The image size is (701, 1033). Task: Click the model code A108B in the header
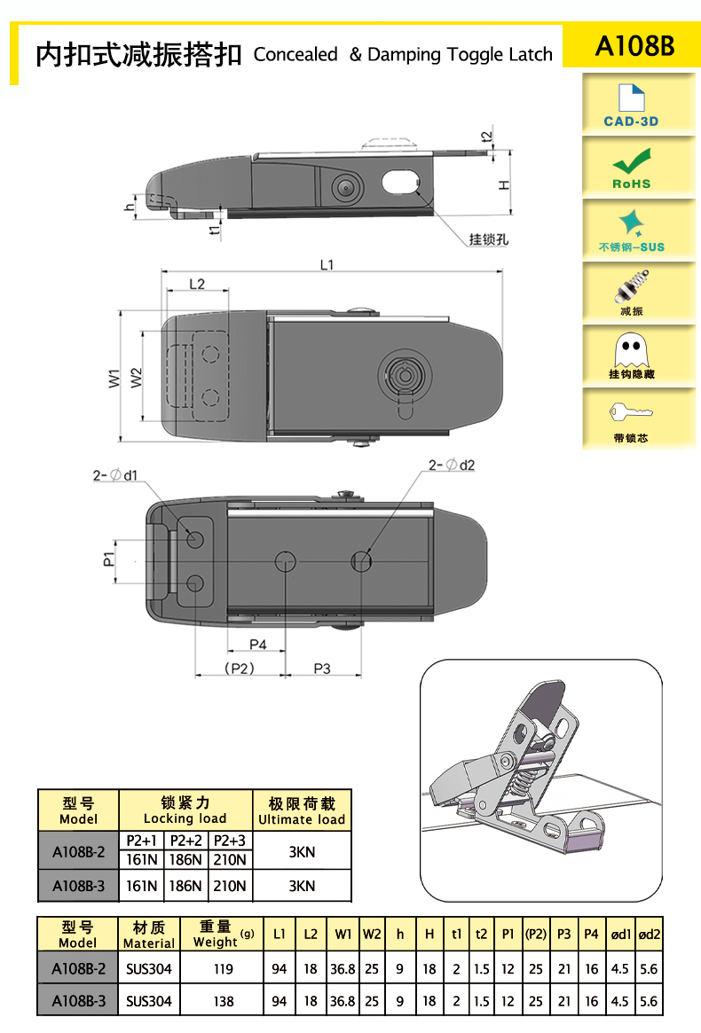634,46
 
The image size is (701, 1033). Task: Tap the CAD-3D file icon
631,98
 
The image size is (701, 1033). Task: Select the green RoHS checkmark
631,161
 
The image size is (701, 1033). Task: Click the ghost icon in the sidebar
631,350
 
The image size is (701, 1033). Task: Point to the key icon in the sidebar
630,412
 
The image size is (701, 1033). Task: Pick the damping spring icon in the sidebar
632,286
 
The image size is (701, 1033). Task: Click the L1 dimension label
327,265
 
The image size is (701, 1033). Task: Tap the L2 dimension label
197,284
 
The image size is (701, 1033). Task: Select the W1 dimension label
114,378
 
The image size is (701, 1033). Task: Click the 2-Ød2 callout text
452,466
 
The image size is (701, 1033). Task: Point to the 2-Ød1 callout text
115,475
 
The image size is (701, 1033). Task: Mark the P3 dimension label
322,669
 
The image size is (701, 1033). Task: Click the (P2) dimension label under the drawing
240,669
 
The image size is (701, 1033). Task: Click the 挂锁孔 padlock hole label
489,239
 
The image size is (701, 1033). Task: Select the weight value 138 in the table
224,1001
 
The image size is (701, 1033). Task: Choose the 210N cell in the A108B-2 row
230,860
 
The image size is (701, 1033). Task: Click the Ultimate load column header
302,819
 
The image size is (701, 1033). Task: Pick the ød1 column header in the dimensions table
620,935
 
